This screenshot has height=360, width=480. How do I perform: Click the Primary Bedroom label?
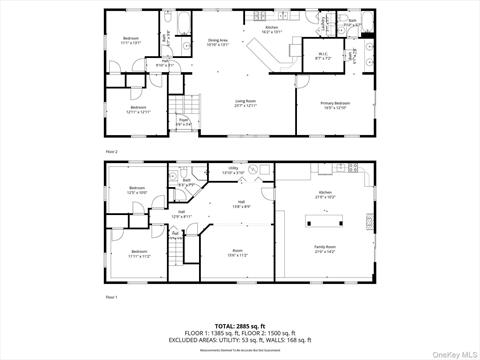click(x=335, y=105)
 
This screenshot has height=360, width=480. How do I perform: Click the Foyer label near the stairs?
click(x=184, y=123)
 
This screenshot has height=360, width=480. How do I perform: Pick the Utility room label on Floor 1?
click(x=232, y=171)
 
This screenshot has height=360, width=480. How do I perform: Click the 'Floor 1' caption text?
click(x=112, y=297)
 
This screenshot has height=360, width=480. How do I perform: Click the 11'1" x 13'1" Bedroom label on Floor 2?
click(x=131, y=40)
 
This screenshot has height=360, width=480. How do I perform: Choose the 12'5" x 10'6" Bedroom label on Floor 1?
click(x=136, y=190)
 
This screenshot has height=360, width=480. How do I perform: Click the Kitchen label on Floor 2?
click(x=270, y=31)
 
